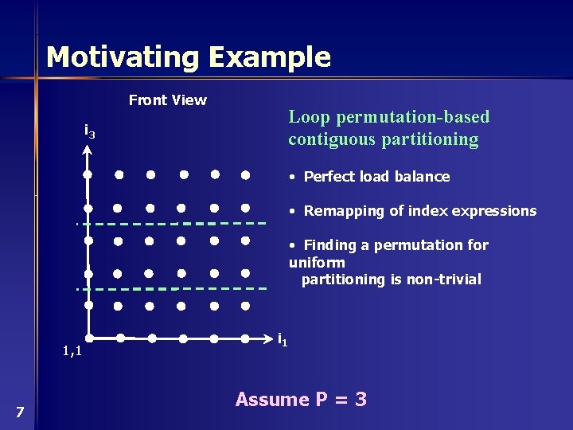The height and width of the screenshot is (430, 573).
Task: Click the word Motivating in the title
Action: click(x=123, y=57)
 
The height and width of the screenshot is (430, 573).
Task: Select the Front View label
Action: click(x=167, y=100)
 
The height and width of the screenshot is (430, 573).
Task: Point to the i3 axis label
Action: click(x=90, y=131)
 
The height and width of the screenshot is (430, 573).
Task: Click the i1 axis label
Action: click(x=283, y=340)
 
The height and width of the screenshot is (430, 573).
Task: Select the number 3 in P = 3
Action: click(x=361, y=400)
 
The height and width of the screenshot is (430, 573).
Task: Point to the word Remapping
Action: click(x=341, y=211)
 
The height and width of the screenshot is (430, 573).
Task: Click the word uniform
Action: click(x=317, y=262)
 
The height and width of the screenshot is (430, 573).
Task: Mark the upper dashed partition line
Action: click(x=171, y=223)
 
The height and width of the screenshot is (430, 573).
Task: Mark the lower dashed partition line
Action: click(x=171, y=287)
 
